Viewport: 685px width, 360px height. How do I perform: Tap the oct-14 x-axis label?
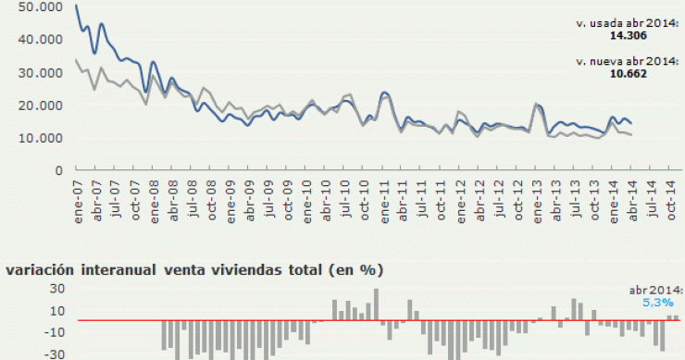click(673, 196)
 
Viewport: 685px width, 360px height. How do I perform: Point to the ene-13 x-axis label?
click(538, 197)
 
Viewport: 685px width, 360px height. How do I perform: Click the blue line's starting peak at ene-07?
click(76, 6)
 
